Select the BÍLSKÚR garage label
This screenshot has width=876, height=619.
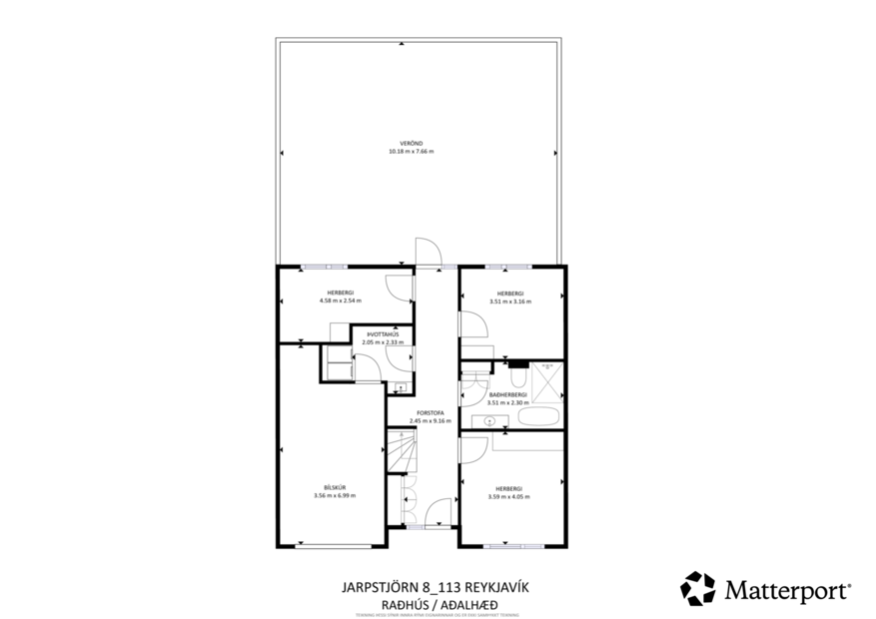334,487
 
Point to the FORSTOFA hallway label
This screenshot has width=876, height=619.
430,412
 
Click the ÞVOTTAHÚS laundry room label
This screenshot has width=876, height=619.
382,334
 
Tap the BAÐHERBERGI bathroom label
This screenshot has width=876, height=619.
508,394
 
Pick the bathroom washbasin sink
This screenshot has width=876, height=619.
490,421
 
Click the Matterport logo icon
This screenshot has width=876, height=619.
698,589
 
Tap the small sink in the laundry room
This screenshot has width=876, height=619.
401,387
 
